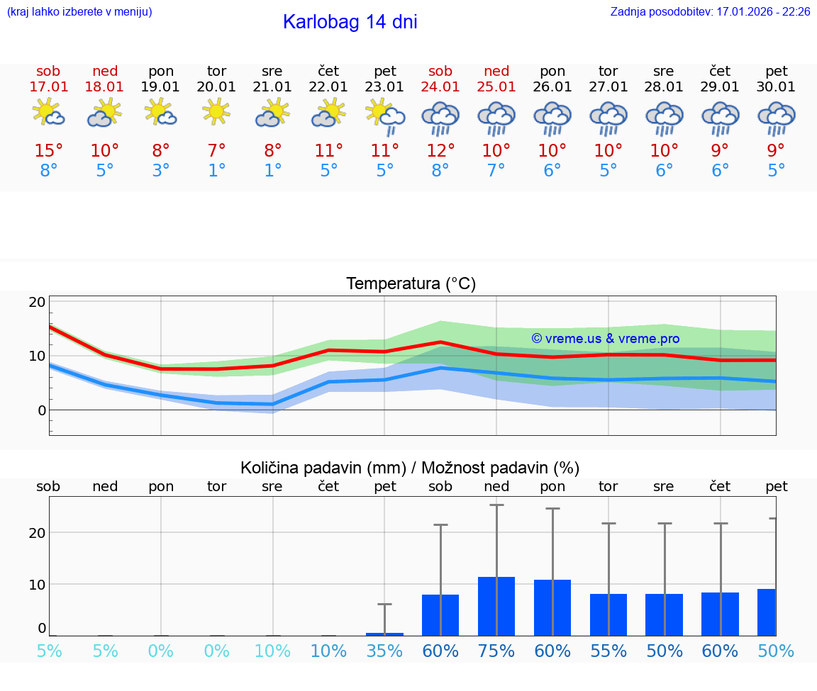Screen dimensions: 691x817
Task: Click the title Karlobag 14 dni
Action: [350, 22]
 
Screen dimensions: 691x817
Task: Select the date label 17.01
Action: [48, 87]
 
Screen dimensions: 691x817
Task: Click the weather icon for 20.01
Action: [216, 111]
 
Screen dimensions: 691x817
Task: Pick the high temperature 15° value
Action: [48, 151]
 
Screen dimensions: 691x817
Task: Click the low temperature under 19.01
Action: [161, 171]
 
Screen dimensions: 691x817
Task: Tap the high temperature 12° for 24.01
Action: [440, 151]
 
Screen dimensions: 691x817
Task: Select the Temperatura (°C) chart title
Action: [411, 284]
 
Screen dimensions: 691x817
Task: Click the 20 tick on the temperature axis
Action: [37, 302]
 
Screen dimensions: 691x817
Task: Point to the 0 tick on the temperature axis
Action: [41, 410]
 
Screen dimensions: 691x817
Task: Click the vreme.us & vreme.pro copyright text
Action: [605, 339]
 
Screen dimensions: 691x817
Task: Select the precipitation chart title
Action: [410, 468]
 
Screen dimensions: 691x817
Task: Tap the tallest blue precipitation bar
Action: [496, 606]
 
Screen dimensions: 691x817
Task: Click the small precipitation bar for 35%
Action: [384, 634]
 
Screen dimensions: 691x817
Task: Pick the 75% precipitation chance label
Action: [496, 651]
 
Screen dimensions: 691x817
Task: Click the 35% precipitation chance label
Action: [384, 651]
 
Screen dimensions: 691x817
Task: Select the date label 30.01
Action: [777, 87]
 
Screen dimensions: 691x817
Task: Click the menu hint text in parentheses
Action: [79, 12]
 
